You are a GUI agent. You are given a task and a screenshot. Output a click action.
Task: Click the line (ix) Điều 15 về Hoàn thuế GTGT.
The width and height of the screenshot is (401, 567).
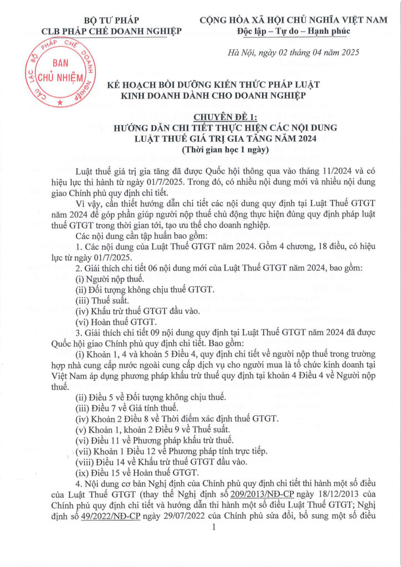[x=136, y=472]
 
